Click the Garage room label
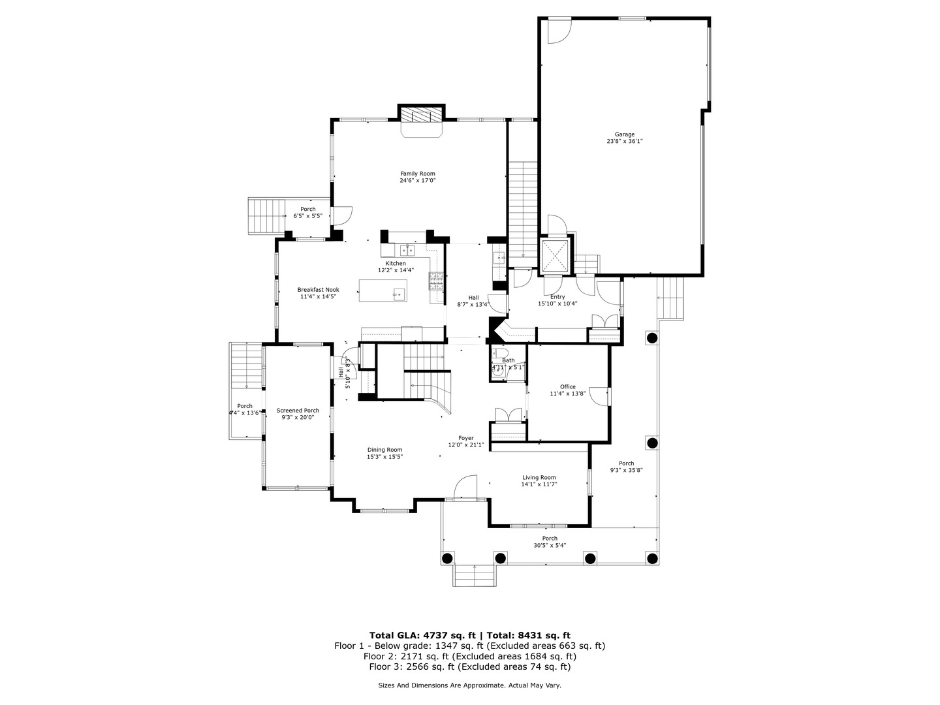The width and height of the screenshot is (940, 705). [x=625, y=134]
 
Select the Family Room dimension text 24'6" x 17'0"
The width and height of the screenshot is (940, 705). [x=418, y=181]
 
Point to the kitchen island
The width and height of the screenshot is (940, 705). [x=382, y=290]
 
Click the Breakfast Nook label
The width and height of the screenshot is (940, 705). [x=318, y=290]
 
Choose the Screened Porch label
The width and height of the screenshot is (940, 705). [x=298, y=411]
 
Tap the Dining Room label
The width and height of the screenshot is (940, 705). [x=384, y=450]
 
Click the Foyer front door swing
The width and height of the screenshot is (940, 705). [x=465, y=487]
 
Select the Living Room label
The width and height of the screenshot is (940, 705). [x=539, y=478]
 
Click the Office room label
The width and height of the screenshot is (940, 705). [x=567, y=387]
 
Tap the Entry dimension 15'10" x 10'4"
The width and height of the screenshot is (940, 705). [x=557, y=304]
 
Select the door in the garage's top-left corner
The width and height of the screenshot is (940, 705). [x=558, y=31]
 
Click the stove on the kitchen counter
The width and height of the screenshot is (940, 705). [x=435, y=280]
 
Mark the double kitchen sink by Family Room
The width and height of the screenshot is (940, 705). [x=407, y=250]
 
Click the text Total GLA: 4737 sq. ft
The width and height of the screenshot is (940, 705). [x=424, y=635]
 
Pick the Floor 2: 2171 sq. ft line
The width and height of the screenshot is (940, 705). [x=469, y=656]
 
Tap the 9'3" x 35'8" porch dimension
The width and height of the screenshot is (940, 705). [x=626, y=471]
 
